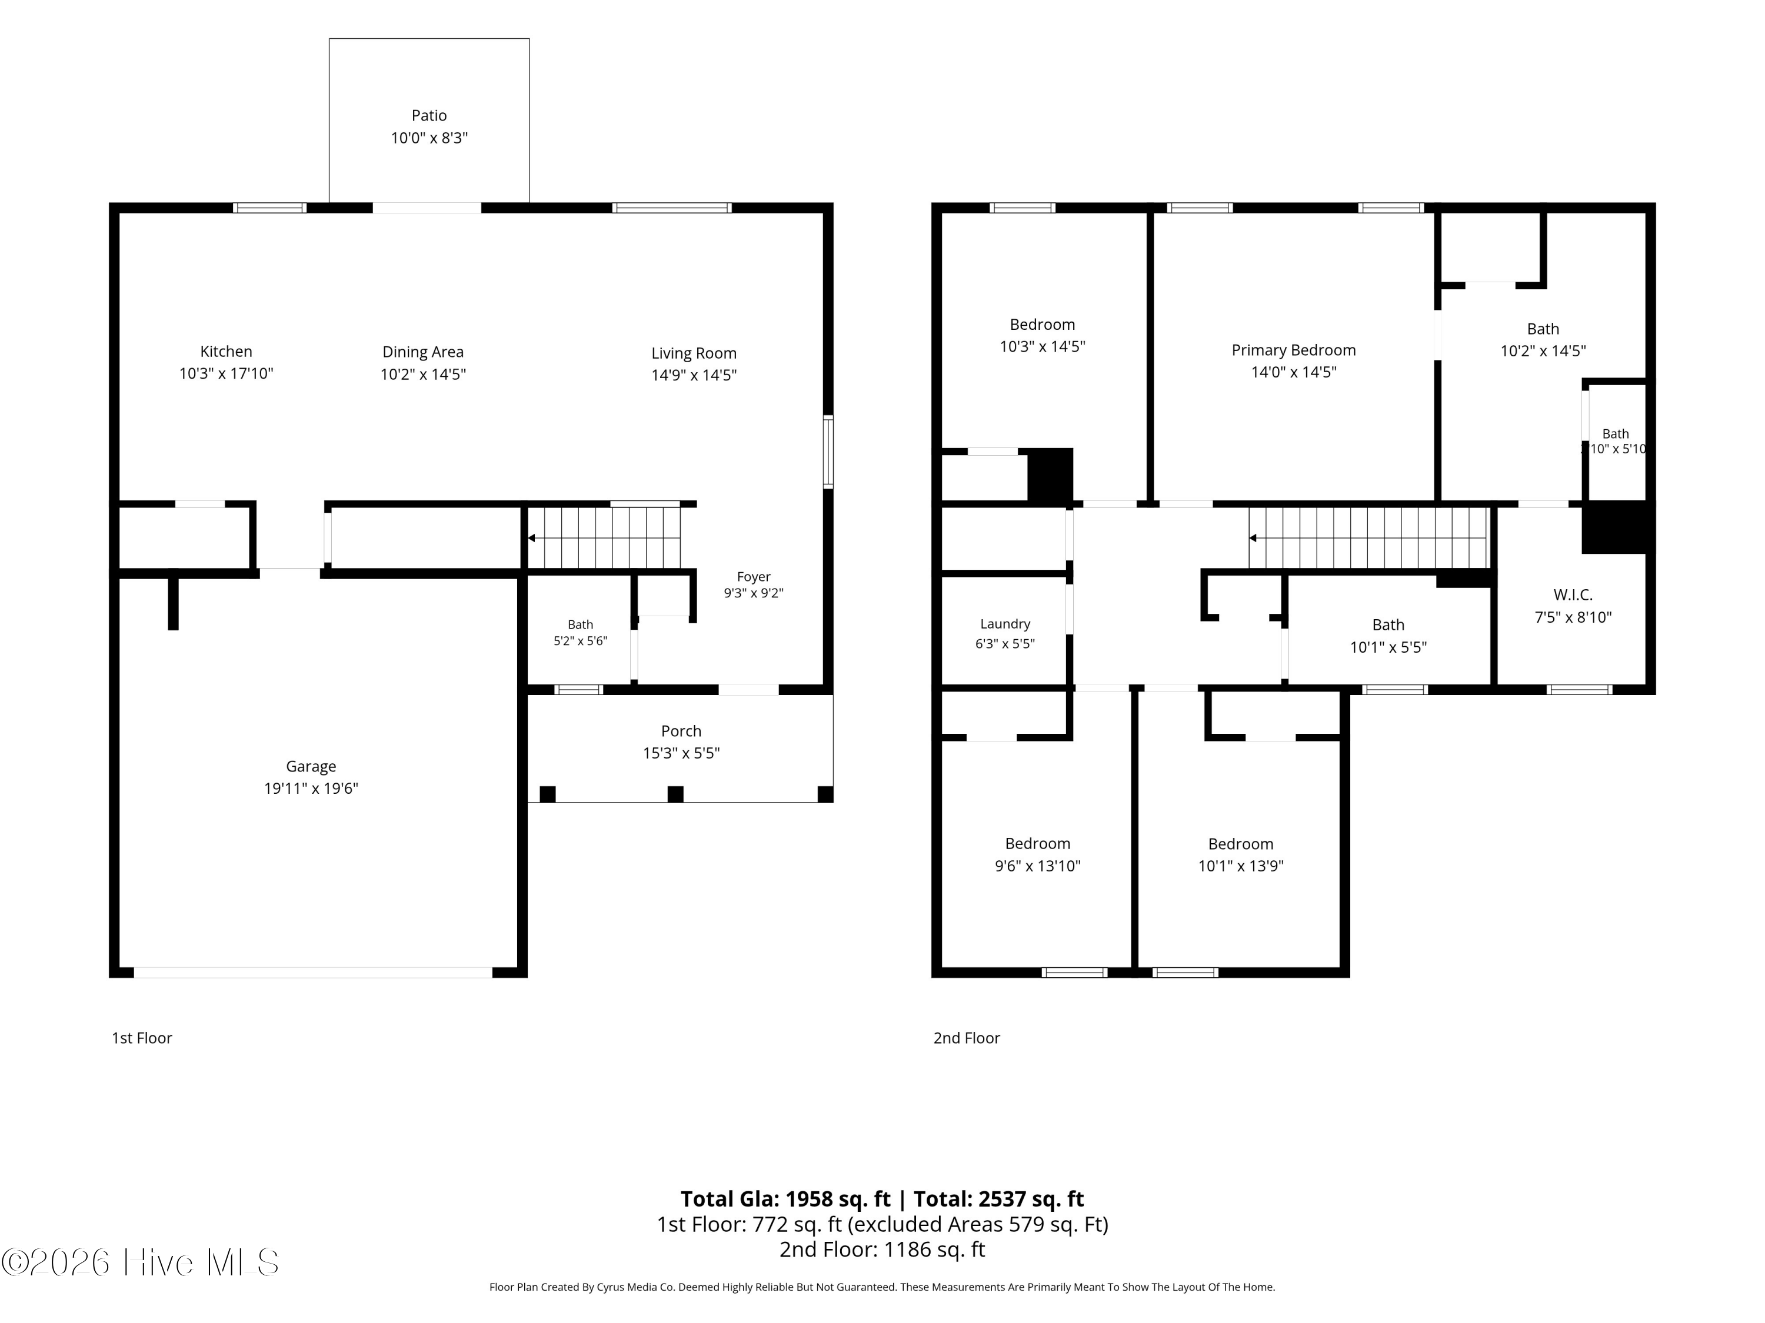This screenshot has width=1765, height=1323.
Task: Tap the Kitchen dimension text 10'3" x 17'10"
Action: coord(226,373)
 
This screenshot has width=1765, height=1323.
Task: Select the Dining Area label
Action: coord(423,352)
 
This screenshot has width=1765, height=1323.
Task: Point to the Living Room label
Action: coord(694,353)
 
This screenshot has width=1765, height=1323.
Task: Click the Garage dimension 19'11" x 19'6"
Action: coord(311,788)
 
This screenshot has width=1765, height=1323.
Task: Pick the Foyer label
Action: coord(753,577)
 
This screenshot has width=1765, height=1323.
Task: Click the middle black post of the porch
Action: coord(675,794)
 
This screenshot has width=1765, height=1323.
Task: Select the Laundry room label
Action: coord(1005,624)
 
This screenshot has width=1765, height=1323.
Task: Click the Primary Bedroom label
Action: coord(1293,350)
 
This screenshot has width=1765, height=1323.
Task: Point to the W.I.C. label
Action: coord(1573,595)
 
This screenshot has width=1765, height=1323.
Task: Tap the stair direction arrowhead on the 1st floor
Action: coord(531,538)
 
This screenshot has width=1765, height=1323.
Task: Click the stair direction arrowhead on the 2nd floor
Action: coord(1253,538)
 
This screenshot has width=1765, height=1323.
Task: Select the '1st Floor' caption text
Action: coord(142,1037)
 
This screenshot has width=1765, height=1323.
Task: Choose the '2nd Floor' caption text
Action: coord(966,1037)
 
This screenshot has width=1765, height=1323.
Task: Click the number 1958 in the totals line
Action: coord(810,1198)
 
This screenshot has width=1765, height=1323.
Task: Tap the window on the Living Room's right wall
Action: coord(828,452)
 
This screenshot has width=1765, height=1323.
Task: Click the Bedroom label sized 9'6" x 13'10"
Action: coord(1037,844)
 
